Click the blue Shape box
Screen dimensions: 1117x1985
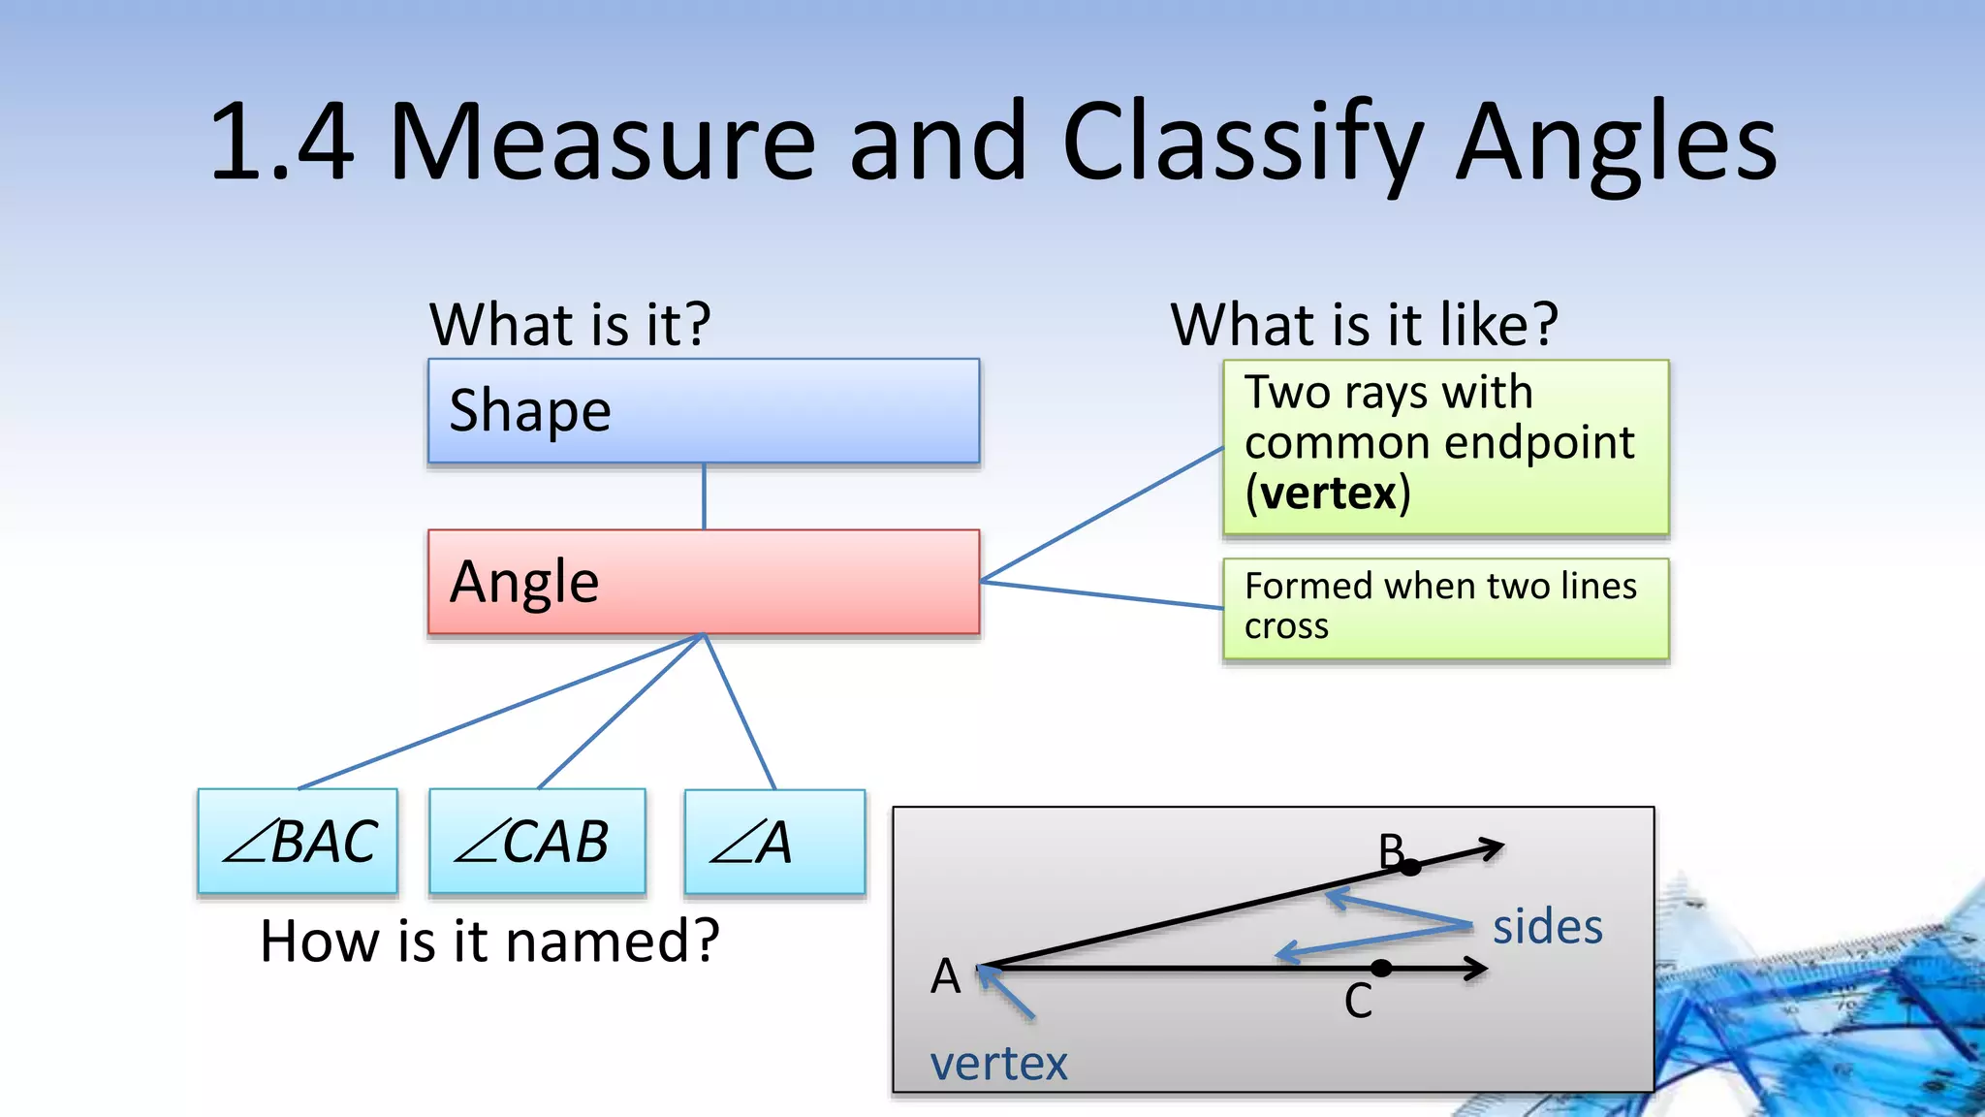click(x=704, y=411)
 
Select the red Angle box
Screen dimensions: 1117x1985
click(x=704, y=582)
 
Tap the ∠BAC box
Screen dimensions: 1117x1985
click(x=298, y=841)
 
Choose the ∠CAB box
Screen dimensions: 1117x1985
click(x=537, y=841)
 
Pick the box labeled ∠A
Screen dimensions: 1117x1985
click(x=773, y=841)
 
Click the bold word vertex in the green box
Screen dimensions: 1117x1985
click(x=1329, y=494)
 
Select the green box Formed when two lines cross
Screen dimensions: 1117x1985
click(x=1444, y=608)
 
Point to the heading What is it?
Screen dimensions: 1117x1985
click(x=570, y=324)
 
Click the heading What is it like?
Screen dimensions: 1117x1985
click(x=1364, y=324)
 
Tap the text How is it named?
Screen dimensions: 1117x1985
click(x=489, y=941)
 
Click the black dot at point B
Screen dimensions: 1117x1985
click(x=1410, y=867)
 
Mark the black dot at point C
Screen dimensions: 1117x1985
click(x=1381, y=968)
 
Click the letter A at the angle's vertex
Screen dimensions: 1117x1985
click(x=945, y=976)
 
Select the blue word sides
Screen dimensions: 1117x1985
click(x=1547, y=927)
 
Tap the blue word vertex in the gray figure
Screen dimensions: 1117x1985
click(x=998, y=1065)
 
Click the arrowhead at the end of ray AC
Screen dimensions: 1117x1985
click(x=1477, y=968)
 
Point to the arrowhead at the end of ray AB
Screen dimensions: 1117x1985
click(x=1493, y=848)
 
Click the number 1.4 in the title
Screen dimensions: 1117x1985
click(x=281, y=144)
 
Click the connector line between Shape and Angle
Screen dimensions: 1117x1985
click(x=704, y=496)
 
